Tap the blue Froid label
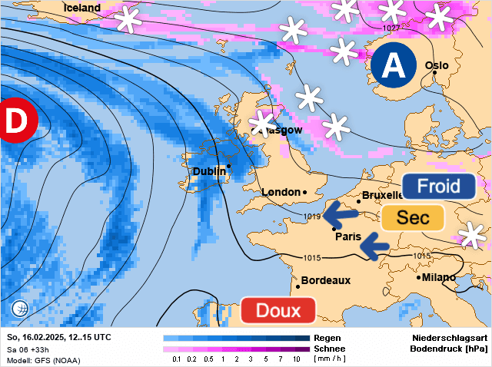click(438, 186)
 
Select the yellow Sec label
click(413, 217)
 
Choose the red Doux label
click(278, 311)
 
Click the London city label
click(281, 192)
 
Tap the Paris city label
click(347, 236)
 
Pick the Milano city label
click(439, 277)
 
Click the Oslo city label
click(437, 66)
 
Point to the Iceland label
click(81, 8)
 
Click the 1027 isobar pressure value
click(391, 28)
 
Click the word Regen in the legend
click(327, 338)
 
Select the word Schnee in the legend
click(329, 349)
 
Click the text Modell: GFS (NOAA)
click(43, 360)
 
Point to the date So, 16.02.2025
click(37, 338)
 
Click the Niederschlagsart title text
click(450, 338)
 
